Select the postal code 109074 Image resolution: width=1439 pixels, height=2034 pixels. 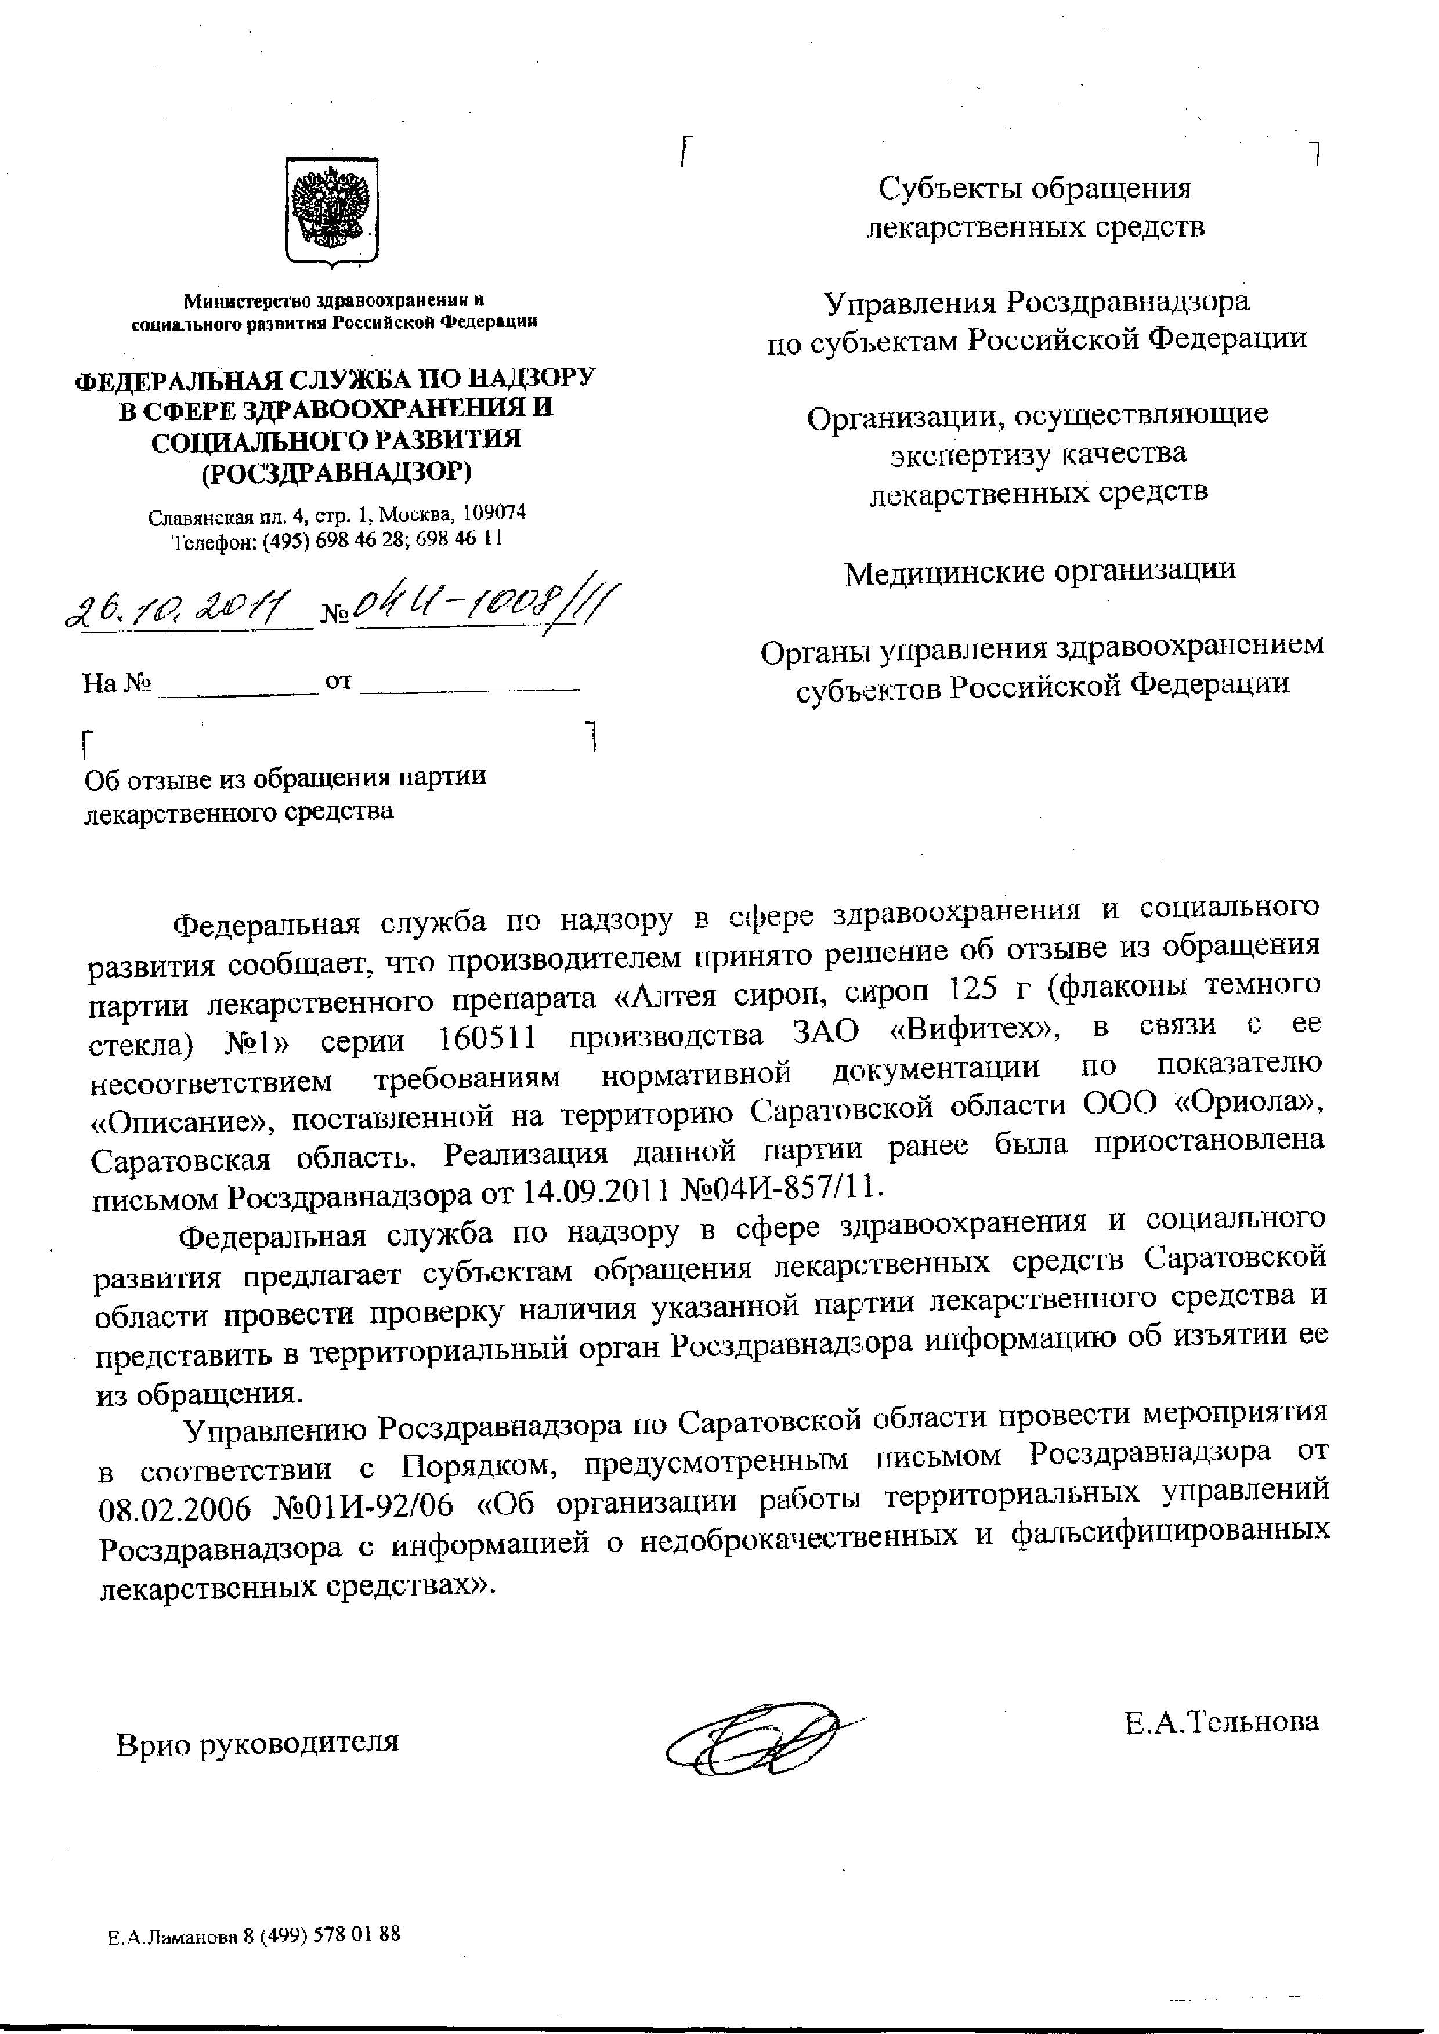point(490,513)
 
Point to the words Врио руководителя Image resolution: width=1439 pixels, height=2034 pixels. point(257,1742)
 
